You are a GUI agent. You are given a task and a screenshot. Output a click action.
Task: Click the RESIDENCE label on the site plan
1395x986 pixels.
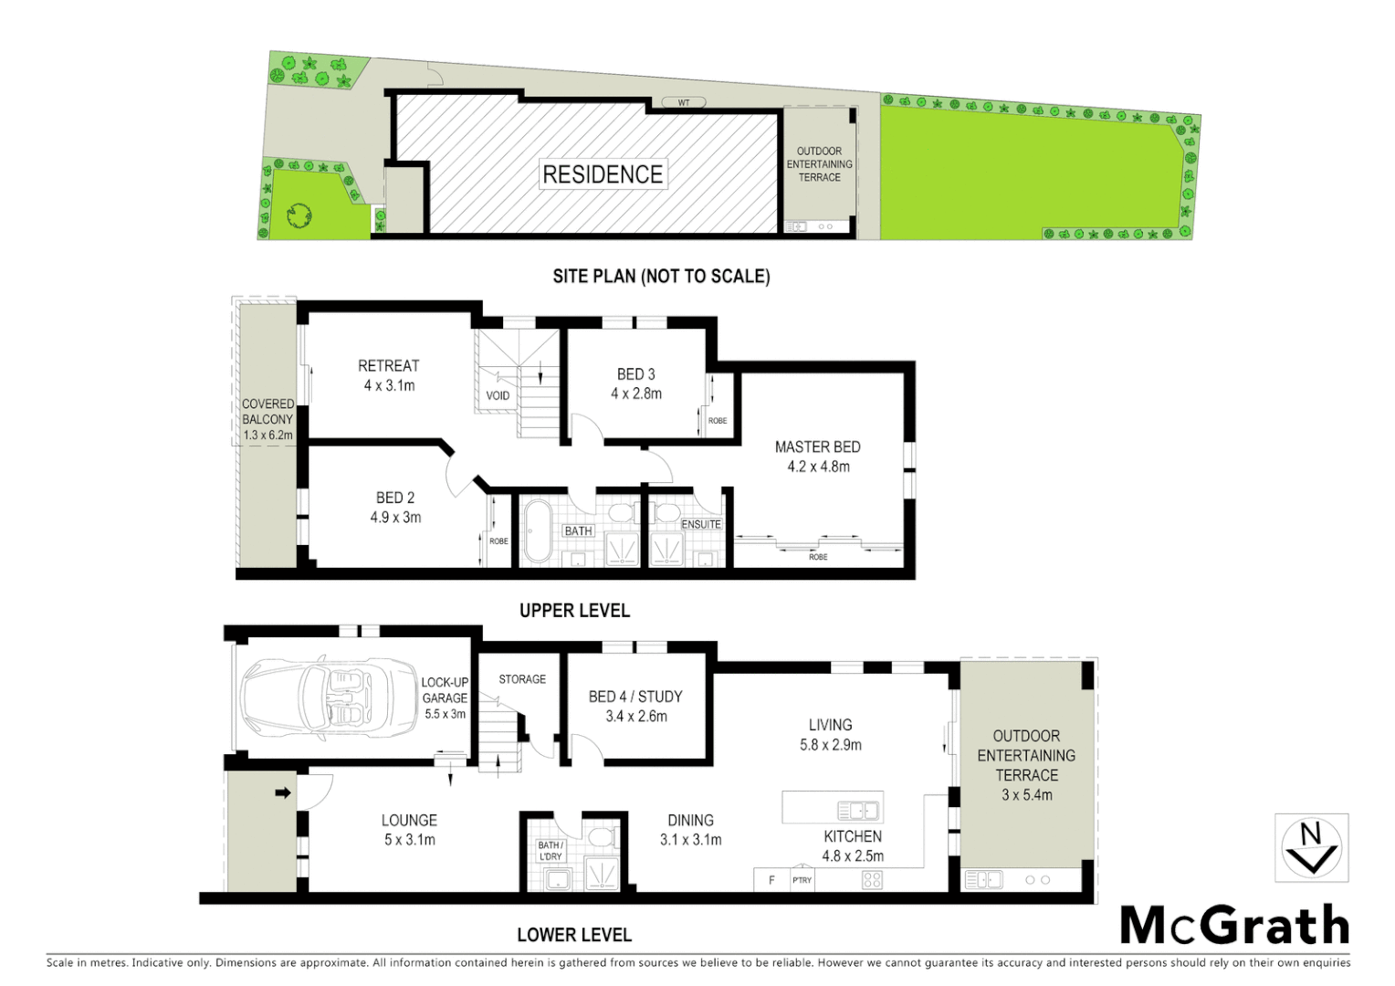(x=603, y=174)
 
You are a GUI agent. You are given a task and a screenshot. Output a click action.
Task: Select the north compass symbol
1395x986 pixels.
(x=1311, y=848)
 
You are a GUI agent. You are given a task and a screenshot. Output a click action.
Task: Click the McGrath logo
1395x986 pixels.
(x=1234, y=926)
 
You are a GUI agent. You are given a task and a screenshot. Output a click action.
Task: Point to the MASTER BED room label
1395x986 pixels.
(x=817, y=447)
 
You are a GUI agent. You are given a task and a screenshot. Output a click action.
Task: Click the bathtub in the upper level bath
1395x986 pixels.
(x=536, y=530)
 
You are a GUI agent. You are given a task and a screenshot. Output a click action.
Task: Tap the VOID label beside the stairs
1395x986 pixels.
(x=498, y=395)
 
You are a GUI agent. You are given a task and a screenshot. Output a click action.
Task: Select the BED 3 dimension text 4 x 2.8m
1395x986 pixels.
(x=636, y=393)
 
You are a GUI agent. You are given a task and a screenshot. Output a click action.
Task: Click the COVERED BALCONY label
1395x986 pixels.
(x=267, y=412)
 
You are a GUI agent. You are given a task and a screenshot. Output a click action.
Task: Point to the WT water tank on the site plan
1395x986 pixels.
(x=684, y=102)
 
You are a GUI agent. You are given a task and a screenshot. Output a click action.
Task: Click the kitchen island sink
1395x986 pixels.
(x=857, y=810)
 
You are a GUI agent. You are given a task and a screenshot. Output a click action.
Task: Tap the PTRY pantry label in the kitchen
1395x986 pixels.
(x=802, y=880)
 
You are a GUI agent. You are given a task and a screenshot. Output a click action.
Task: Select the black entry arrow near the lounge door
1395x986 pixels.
(x=283, y=792)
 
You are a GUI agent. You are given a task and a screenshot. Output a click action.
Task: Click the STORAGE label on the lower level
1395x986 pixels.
(x=522, y=679)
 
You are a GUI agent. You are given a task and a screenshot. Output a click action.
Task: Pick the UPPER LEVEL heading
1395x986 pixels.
(x=574, y=611)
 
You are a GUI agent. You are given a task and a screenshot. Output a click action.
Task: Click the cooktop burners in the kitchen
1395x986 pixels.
(x=872, y=879)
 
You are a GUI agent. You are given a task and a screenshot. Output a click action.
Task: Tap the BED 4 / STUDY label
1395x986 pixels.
(x=635, y=697)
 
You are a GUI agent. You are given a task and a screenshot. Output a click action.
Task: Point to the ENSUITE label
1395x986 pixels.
(x=701, y=524)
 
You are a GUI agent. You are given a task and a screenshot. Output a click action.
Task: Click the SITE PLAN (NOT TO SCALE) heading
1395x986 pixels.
(x=661, y=276)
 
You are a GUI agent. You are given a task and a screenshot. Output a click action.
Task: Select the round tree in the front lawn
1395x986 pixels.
(x=299, y=215)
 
